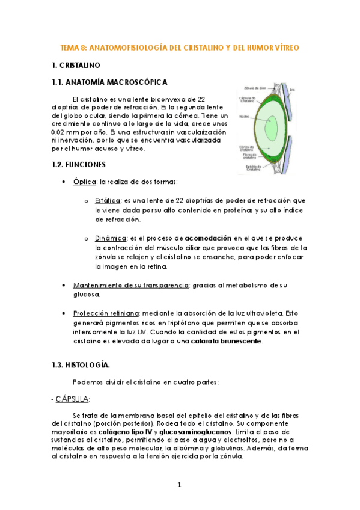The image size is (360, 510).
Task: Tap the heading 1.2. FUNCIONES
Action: tap(79, 164)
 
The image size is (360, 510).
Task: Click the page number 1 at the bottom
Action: tap(179, 485)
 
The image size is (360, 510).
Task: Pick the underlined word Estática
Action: tap(108, 200)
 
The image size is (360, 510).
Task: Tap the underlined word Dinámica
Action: tap(110, 238)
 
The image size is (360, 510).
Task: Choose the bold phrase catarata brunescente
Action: tap(225, 341)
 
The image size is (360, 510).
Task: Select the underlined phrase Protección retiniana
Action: tap(106, 313)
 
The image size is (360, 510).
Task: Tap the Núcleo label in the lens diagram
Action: tap(244, 117)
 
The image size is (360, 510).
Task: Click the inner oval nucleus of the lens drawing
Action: tap(272, 129)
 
